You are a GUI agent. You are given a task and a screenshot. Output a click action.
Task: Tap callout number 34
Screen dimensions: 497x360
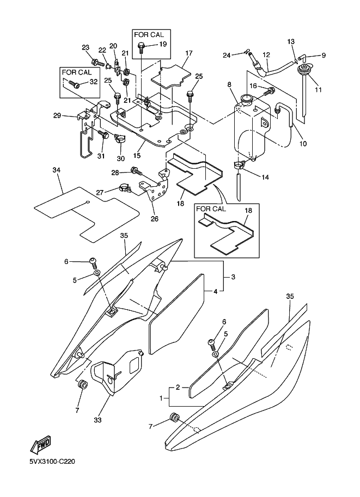click(56, 171)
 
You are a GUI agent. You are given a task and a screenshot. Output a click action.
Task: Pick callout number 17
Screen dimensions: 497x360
click(189, 53)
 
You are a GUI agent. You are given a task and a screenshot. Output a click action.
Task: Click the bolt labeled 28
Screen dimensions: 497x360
click(134, 172)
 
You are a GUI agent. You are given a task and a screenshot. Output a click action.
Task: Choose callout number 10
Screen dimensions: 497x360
click(303, 144)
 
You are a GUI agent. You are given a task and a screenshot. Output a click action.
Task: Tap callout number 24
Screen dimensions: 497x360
click(227, 54)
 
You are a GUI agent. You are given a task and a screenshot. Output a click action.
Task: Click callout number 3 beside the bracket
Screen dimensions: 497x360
click(233, 277)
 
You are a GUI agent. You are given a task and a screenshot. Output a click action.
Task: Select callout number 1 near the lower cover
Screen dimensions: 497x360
click(161, 399)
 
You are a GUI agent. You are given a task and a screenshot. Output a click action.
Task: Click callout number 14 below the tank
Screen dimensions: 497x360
click(266, 177)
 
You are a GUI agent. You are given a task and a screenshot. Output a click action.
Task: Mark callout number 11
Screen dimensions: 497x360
click(319, 89)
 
